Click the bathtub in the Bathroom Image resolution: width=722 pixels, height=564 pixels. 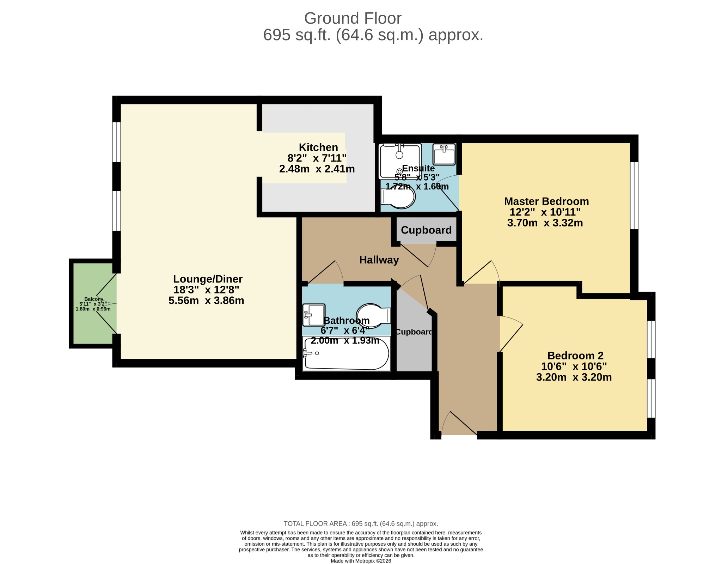(x=346, y=353)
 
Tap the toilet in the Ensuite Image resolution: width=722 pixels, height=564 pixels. (x=398, y=197)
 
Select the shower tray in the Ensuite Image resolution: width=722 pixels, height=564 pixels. (x=400, y=161)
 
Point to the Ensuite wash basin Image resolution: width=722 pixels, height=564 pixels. (x=444, y=154)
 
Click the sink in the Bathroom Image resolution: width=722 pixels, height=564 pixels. (x=314, y=315)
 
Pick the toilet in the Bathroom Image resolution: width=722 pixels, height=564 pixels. (x=373, y=315)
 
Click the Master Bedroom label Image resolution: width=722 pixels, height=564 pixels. (x=546, y=201)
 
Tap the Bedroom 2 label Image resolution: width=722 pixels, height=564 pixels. (x=575, y=356)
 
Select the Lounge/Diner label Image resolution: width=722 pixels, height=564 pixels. (x=208, y=279)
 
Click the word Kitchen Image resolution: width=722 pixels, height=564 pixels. (x=318, y=147)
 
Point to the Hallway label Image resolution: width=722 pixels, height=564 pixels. (x=379, y=260)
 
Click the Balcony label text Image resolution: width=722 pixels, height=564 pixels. (x=94, y=299)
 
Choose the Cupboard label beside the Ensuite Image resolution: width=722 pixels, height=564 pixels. (x=426, y=230)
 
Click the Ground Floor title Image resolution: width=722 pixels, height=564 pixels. (x=353, y=18)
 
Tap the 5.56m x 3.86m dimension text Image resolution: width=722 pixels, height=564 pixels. (x=206, y=301)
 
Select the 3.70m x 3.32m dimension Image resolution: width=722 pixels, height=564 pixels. (x=545, y=223)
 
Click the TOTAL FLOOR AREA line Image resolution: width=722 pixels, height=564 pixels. (x=361, y=524)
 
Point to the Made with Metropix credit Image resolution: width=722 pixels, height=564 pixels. (x=361, y=561)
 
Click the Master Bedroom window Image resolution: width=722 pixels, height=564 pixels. (x=634, y=195)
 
